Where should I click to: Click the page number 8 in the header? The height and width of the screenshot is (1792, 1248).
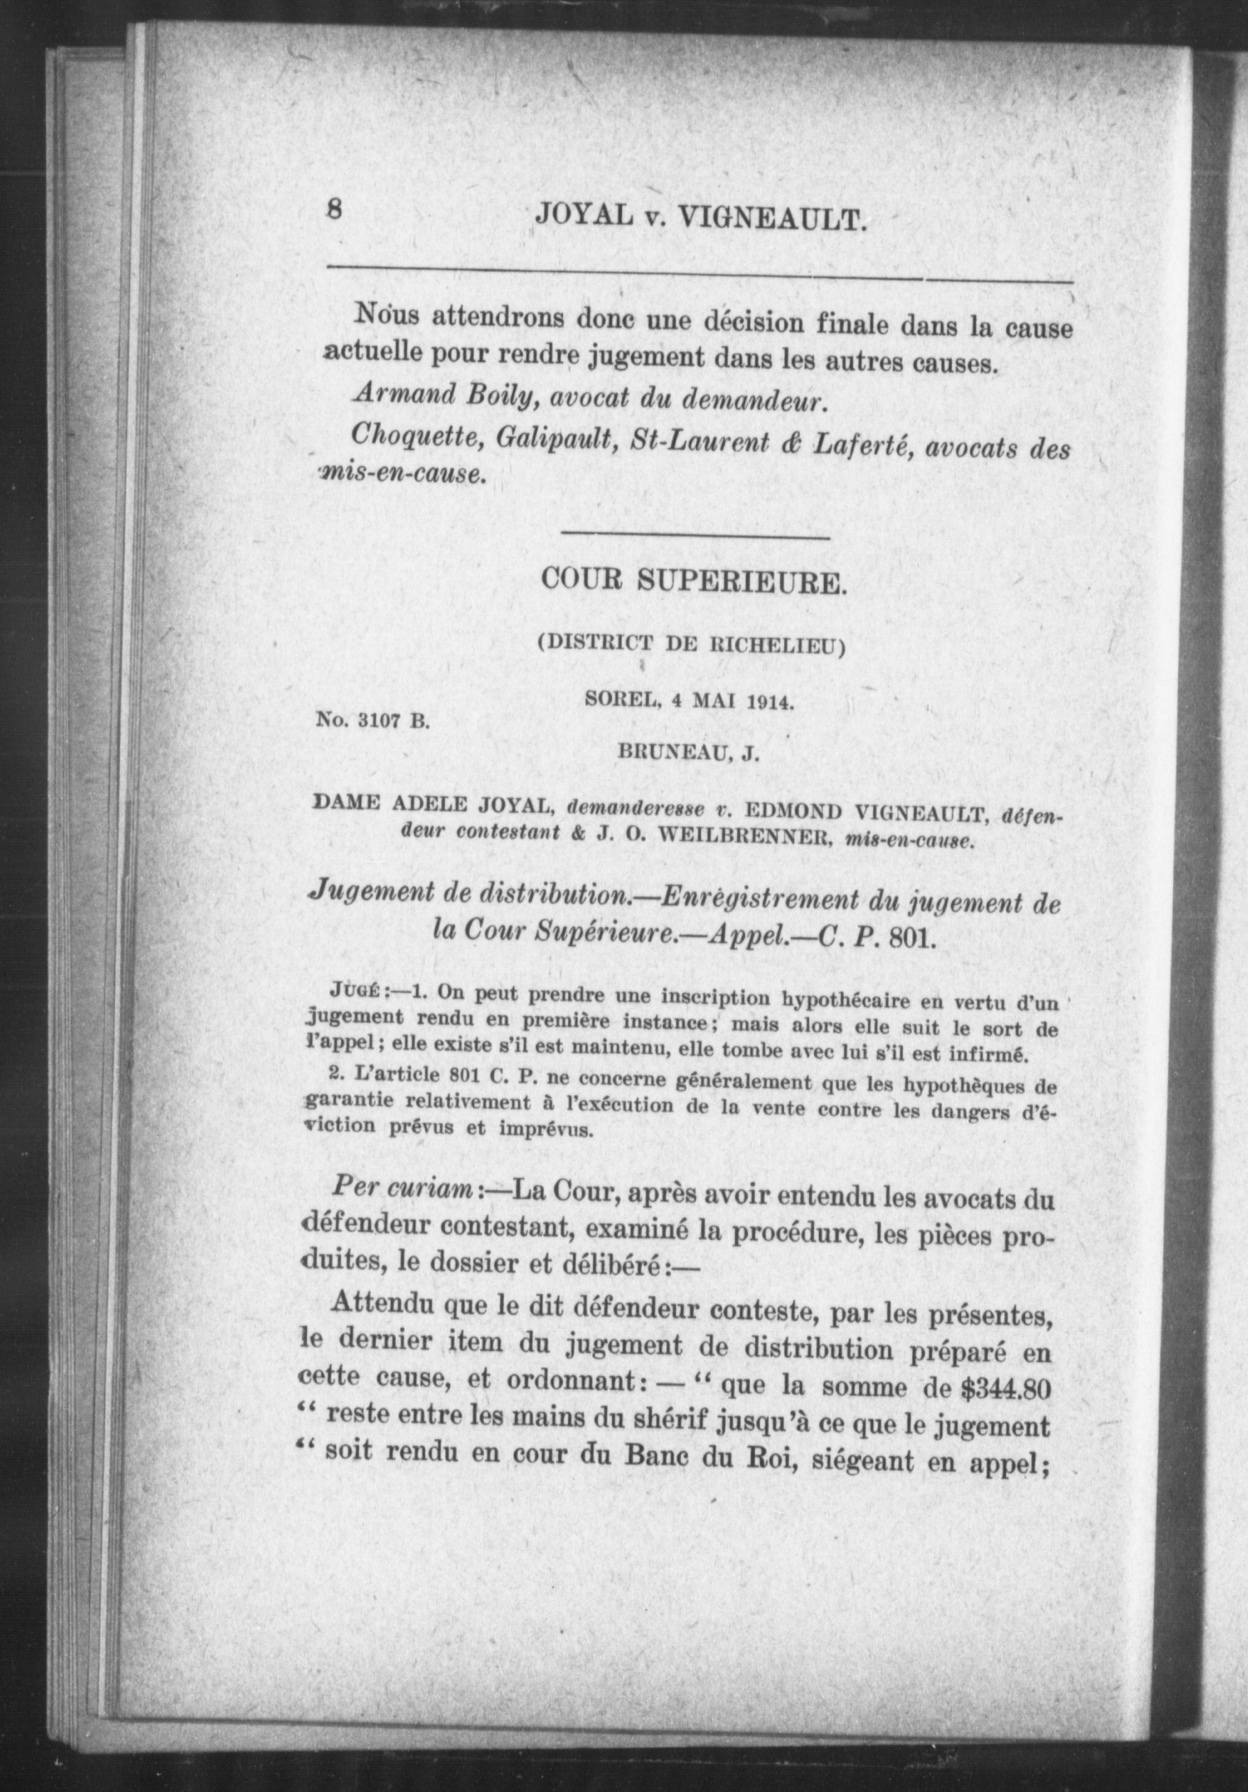[335, 211]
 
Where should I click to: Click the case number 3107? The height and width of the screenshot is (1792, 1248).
[381, 722]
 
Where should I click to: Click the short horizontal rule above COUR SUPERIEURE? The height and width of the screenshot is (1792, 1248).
[695, 537]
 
